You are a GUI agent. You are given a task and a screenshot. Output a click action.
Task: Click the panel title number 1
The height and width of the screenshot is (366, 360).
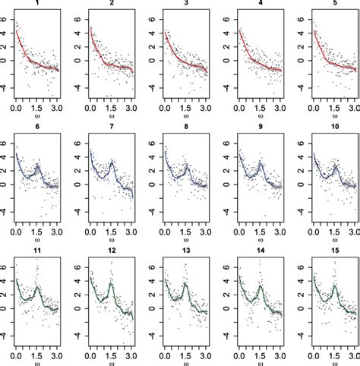(36, 3)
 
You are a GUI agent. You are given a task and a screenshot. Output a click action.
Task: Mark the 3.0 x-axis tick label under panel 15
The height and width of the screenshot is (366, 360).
(354, 353)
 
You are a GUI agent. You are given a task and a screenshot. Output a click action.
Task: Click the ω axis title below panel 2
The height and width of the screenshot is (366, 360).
(111, 118)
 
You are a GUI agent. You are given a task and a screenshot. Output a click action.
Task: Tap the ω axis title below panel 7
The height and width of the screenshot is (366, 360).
(111, 241)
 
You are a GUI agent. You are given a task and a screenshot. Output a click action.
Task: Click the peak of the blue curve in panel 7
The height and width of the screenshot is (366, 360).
(112, 162)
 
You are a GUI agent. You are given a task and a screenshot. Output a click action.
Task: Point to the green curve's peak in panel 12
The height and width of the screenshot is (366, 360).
(111, 286)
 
